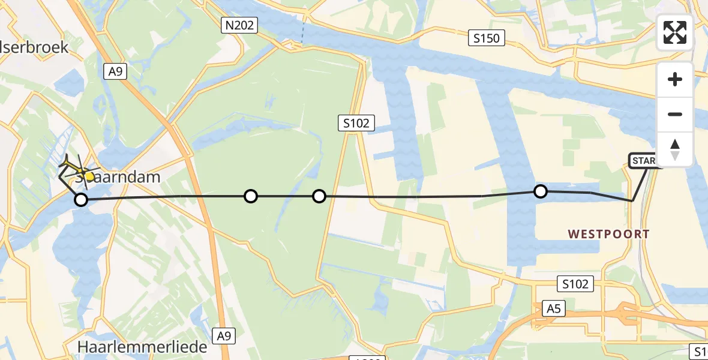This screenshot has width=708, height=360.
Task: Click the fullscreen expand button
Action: pos(675,32)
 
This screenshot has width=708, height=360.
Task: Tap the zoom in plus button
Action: pos(675,79)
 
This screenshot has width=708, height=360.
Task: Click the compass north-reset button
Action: pos(675,149)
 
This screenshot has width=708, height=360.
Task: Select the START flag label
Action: pos(645,161)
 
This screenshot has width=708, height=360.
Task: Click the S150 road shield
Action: pos(486,38)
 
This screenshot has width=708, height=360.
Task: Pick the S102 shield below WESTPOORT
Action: pos(575,284)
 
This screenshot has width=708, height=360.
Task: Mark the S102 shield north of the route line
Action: pos(356,124)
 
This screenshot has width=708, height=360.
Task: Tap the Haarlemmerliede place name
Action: pos(142,347)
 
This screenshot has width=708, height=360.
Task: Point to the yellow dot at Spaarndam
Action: pos(89,176)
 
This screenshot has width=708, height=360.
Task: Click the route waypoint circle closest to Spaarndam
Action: pos(80,199)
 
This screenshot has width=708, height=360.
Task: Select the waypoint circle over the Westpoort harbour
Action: pos(541,191)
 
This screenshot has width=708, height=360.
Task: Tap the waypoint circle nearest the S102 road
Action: pos(319,196)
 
